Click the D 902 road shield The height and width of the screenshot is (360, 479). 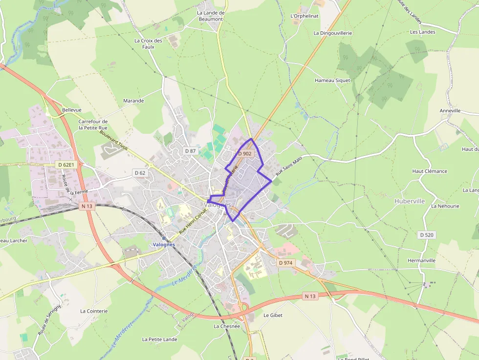[x=245, y=153]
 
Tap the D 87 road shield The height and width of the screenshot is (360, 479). [x=191, y=151]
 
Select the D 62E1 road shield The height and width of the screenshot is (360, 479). [x=66, y=165]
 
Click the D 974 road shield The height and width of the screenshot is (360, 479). [x=285, y=263]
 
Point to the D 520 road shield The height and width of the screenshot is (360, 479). [x=427, y=235]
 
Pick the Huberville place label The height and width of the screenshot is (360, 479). [x=410, y=201]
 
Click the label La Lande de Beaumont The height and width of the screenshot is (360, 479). [x=211, y=16]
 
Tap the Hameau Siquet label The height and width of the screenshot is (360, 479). [x=332, y=81]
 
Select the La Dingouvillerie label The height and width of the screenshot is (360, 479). [x=332, y=33]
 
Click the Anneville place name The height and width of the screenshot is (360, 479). [x=450, y=111]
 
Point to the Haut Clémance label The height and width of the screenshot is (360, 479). [x=430, y=171]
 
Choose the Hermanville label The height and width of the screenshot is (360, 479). [x=421, y=260]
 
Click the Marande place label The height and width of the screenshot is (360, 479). [x=133, y=101]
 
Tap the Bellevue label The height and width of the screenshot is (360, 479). [x=72, y=110]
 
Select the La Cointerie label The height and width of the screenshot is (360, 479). [x=94, y=311]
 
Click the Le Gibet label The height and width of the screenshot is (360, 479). [x=273, y=316]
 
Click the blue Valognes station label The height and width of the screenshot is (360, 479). [x=164, y=245]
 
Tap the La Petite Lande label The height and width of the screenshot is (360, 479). [x=159, y=339]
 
